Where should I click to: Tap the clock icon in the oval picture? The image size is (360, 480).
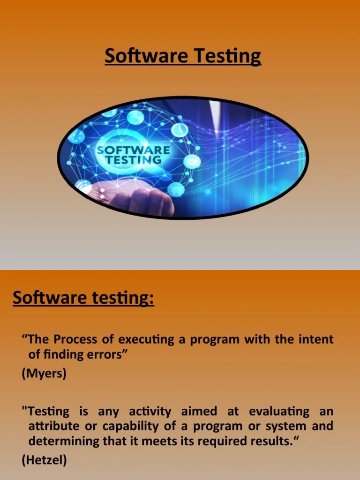pyautogui.click(x=179, y=129)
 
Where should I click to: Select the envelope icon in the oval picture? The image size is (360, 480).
pyautogui.click(x=193, y=162)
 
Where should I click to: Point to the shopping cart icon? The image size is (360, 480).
pyautogui.click(x=176, y=190)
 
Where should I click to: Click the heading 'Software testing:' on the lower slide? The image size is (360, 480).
pyautogui.click(x=83, y=298)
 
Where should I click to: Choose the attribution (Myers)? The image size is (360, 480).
pyautogui.click(x=44, y=375)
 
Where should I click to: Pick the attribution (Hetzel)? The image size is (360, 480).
pyautogui.click(x=45, y=461)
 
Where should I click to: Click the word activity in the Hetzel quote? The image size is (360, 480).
pyautogui.click(x=150, y=412)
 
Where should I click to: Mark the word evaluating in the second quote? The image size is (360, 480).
pyautogui.click(x=279, y=412)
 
